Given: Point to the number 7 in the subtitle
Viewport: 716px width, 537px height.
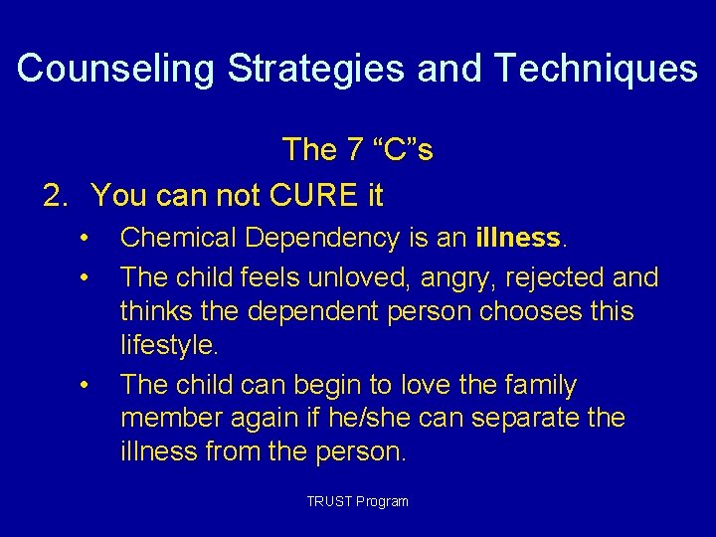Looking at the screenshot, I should pyautogui.click(x=356, y=150).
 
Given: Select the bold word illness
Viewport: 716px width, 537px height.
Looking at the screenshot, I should pyautogui.click(x=519, y=239).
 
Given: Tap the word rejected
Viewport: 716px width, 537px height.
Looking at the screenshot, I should pyautogui.click(x=563, y=275).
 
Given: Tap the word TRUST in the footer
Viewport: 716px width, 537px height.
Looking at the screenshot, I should pyautogui.click(x=328, y=501).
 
